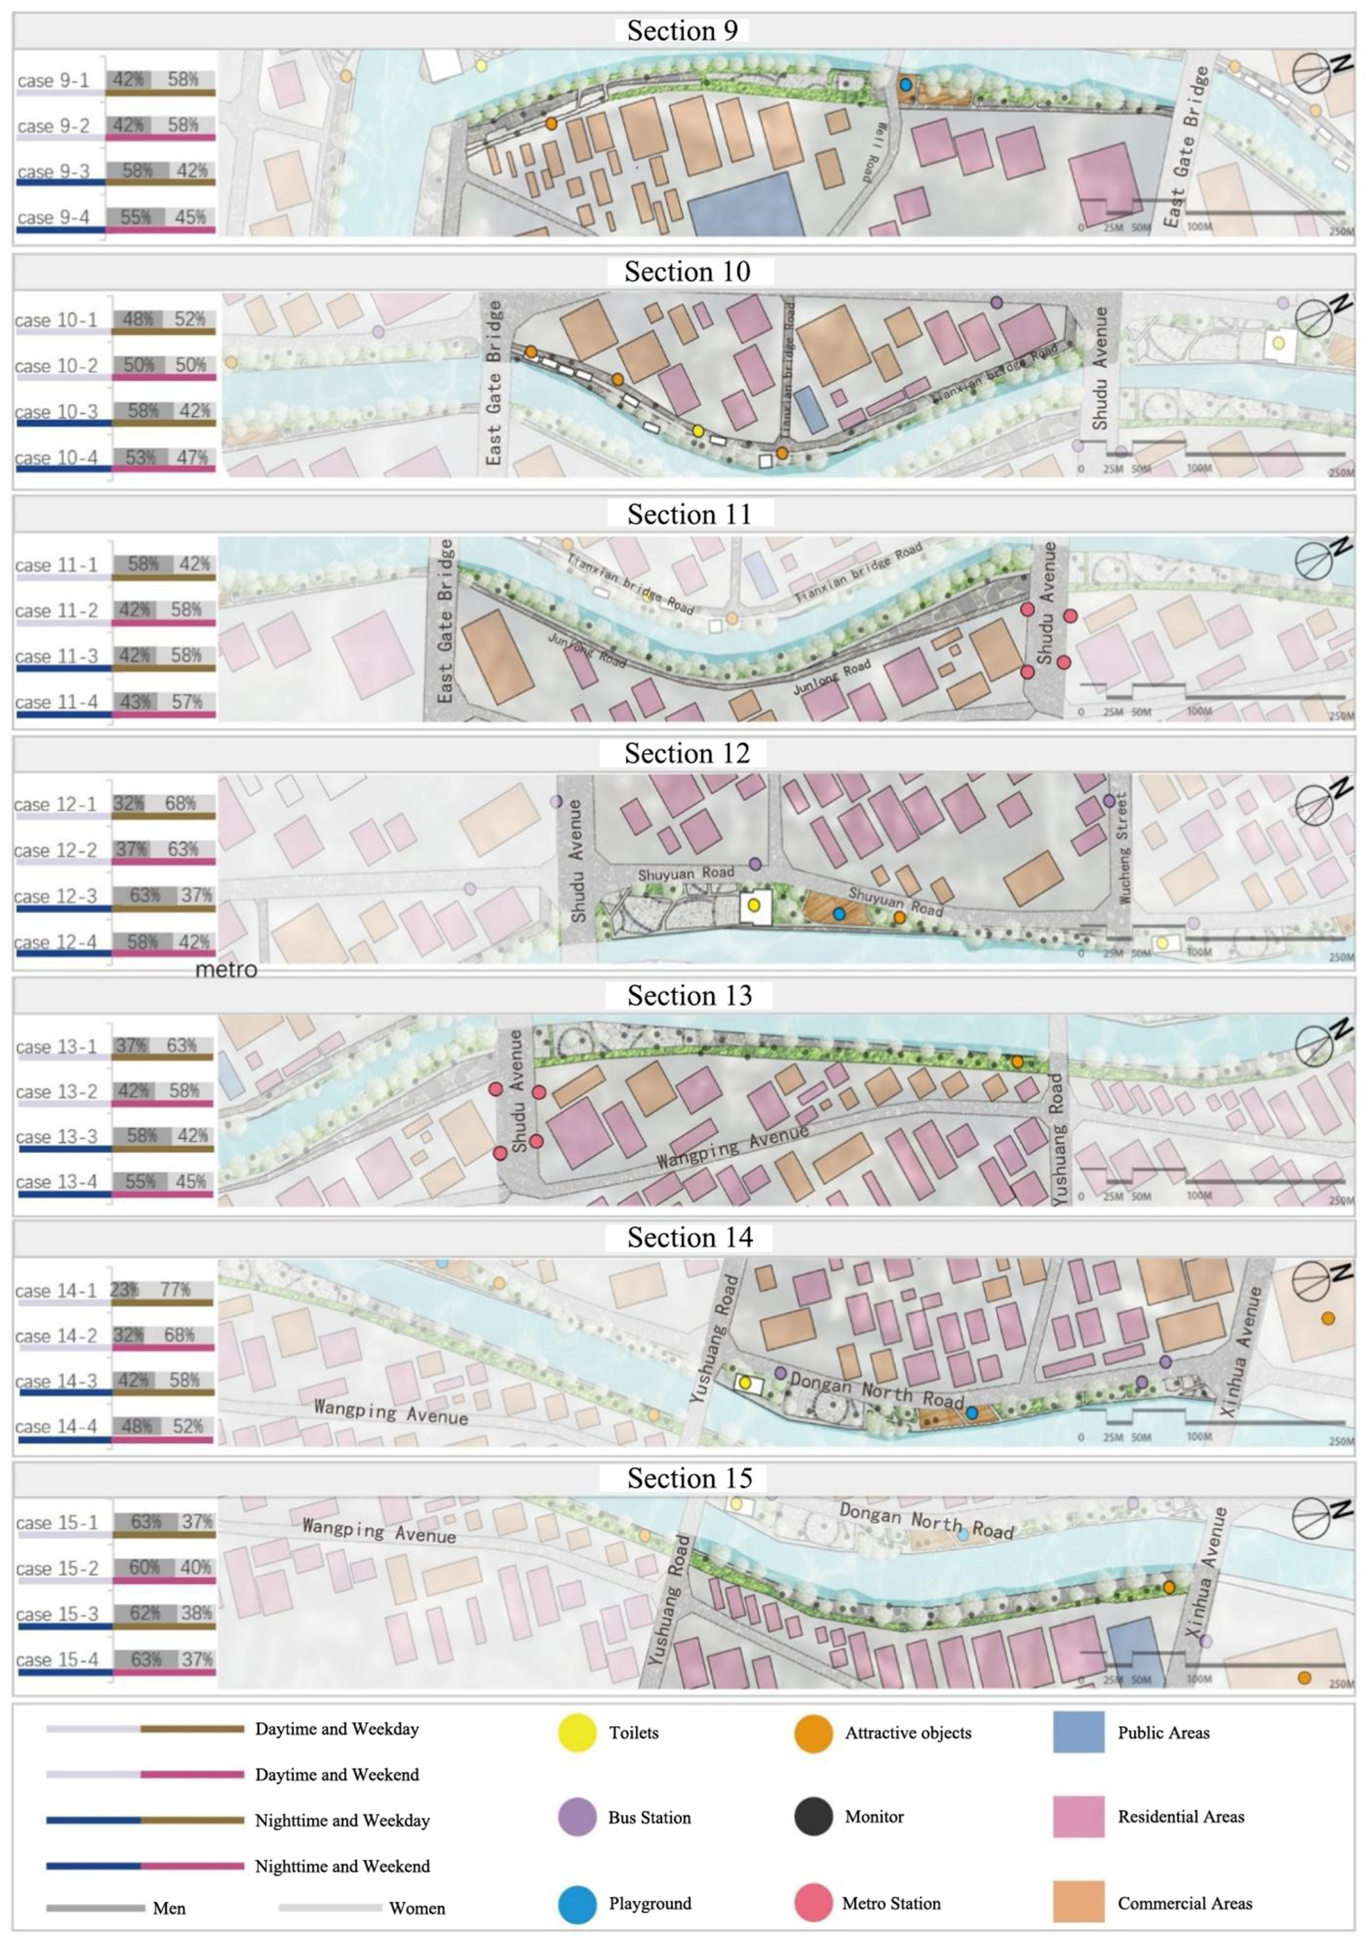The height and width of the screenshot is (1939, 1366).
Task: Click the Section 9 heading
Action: [682, 31]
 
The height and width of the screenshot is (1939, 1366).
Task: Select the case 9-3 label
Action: [53, 172]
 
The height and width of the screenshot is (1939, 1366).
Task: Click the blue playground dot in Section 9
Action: [905, 84]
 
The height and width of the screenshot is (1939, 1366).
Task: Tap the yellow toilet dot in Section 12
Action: [754, 904]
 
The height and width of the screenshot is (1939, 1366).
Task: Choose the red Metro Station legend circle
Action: [813, 1904]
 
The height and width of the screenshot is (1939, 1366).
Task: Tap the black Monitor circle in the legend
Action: [813, 1816]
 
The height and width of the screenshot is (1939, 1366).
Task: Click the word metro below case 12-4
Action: [226, 969]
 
